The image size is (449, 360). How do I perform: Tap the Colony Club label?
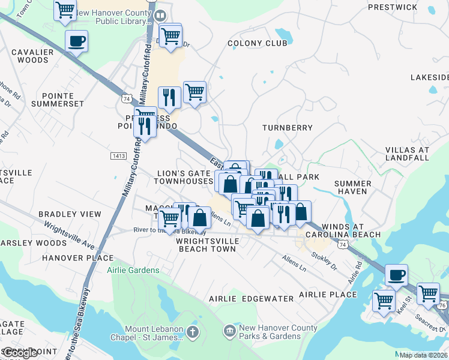coord(253,43)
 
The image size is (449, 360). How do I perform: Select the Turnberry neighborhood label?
coord(288,128)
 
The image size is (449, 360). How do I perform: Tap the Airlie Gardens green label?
coord(133,270)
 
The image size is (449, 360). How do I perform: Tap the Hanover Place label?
coord(70,257)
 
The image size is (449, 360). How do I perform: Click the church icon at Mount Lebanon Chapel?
coord(192,332)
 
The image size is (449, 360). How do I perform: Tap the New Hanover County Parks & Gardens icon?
coord(229,331)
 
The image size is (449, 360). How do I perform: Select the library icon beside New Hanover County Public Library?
coord(160,16)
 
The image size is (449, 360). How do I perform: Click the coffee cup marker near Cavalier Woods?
coord(76,41)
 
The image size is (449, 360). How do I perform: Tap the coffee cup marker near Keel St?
coord(396,275)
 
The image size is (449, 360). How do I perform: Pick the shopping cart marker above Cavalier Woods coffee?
coord(65,10)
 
